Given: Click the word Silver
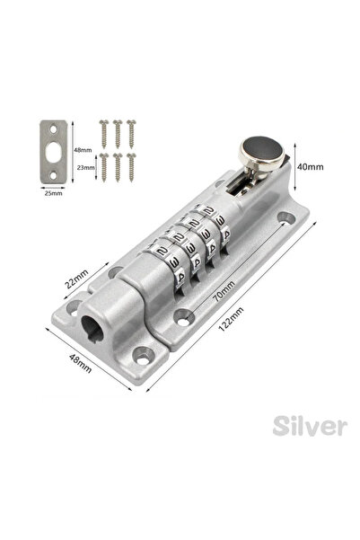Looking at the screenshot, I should pos(310,425).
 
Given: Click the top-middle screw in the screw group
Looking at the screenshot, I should pos(119,124).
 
